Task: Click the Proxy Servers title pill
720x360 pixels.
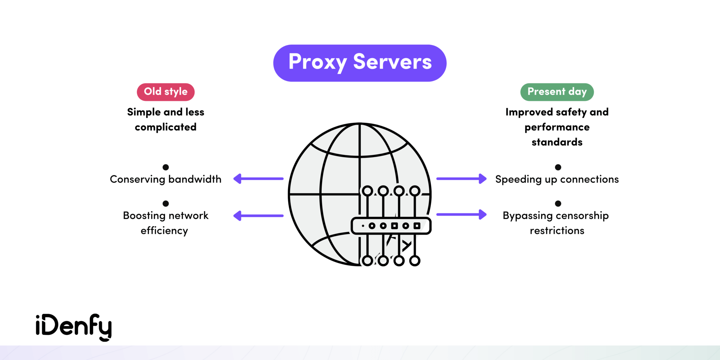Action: [360, 63]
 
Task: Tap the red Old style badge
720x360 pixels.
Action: [166, 92]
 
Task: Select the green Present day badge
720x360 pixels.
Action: [557, 92]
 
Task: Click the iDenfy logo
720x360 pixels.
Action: [73, 327]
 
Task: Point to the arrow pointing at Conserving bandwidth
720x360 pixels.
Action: [258, 179]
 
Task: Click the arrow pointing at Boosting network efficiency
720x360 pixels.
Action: [258, 216]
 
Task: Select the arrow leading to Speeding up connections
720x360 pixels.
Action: [461, 179]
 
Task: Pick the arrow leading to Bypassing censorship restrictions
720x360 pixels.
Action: [461, 214]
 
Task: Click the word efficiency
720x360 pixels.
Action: [164, 231]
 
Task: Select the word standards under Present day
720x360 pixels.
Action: [557, 142]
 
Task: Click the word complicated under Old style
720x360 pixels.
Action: [166, 127]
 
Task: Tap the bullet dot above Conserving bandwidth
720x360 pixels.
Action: [166, 167]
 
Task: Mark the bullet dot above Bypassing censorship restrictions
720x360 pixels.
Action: [558, 204]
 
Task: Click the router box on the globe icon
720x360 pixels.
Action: [391, 226]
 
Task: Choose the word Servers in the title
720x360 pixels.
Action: [392, 62]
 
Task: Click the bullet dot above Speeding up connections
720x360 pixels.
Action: [558, 167]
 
